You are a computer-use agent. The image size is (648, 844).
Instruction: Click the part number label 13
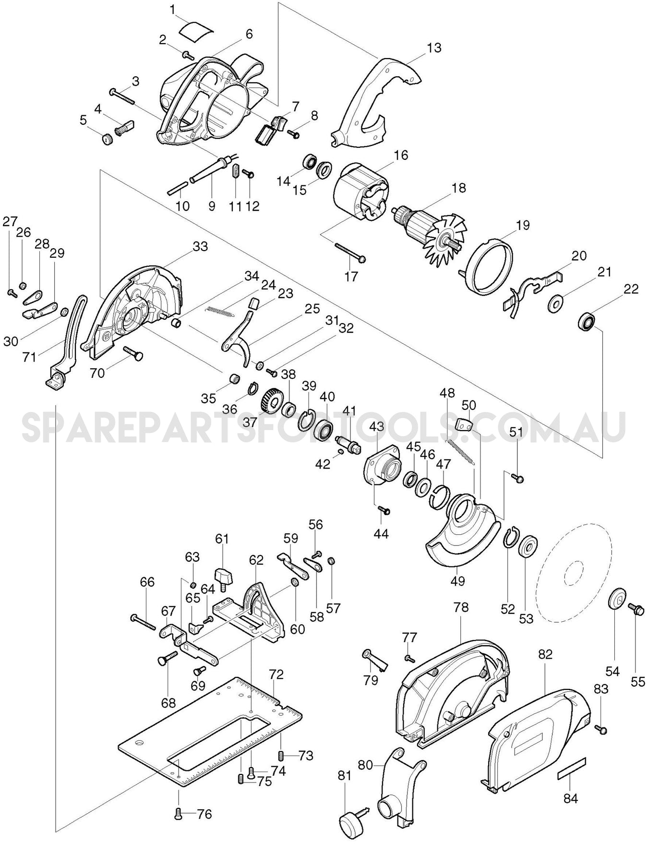[433, 48]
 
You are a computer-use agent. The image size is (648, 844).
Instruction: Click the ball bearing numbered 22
[587, 320]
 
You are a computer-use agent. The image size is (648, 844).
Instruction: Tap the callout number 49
[457, 580]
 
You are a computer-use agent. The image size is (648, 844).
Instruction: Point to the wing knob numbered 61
[225, 576]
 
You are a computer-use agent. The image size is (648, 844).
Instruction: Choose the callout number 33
[200, 246]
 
